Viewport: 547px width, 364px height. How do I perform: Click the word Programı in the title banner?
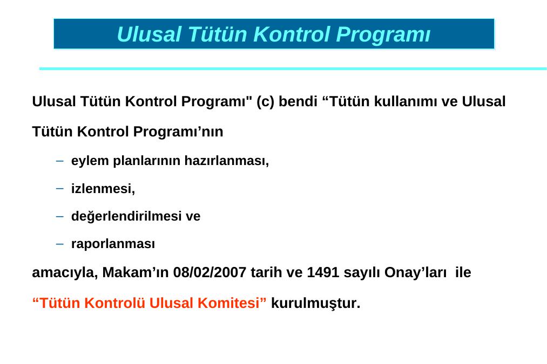pyautogui.click(x=383, y=35)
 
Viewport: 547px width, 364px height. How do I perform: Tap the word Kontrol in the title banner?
pyautogui.click(x=292, y=34)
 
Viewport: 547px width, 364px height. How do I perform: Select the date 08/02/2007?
pyautogui.click(x=210, y=272)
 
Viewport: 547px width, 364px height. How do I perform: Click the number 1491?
pyautogui.click(x=323, y=272)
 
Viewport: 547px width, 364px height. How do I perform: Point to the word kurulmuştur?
pyautogui.click(x=316, y=303)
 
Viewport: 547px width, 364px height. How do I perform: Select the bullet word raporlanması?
pyautogui.click(x=113, y=244)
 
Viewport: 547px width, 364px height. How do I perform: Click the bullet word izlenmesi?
pyautogui.click(x=103, y=189)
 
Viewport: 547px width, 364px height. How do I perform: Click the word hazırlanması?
pyautogui.click(x=226, y=161)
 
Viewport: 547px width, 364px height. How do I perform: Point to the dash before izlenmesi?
pyautogui.click(x=60, y=189)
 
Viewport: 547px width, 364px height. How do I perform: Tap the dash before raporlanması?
pyautogui.click(x=60, y=244)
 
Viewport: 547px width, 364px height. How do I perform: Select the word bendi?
pyautogui.click(x=298, y=102)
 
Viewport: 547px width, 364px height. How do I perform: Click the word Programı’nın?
pyautogui.click(x=178, y=132)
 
